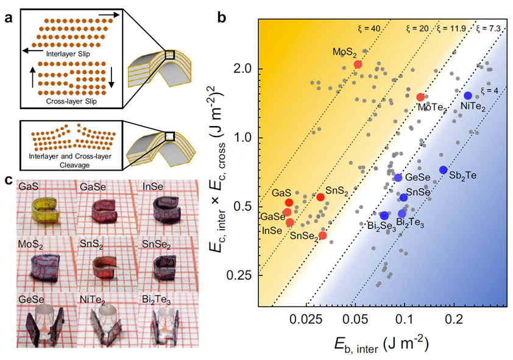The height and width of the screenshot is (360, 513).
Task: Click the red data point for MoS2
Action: [358, 65]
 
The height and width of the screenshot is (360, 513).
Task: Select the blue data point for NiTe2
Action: [468, 96]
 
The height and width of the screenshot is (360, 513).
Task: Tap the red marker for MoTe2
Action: [420, 97]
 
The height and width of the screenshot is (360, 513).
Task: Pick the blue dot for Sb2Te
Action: [444, 170]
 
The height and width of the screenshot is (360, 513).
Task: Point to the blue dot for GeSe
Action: [398, 178]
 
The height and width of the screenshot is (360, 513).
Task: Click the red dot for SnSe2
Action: [322, 235]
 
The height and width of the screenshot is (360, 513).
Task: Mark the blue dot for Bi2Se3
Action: [384, 216]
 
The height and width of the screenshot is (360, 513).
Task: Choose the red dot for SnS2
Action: [320, 197]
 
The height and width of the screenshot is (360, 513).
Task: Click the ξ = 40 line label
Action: [369, 29]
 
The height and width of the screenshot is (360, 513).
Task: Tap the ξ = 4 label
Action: [489, 91]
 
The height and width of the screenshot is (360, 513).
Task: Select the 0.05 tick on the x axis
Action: [355, 319]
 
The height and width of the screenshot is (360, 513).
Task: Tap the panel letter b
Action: [222, 17]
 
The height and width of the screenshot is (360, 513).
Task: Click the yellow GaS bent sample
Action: [46, 210]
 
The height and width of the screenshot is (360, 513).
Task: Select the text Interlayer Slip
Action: [68, 54]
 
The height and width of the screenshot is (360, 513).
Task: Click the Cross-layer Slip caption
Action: [71, 101]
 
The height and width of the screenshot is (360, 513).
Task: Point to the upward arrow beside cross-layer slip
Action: [33, 77]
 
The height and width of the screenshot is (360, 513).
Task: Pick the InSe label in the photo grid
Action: [153, 187]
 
